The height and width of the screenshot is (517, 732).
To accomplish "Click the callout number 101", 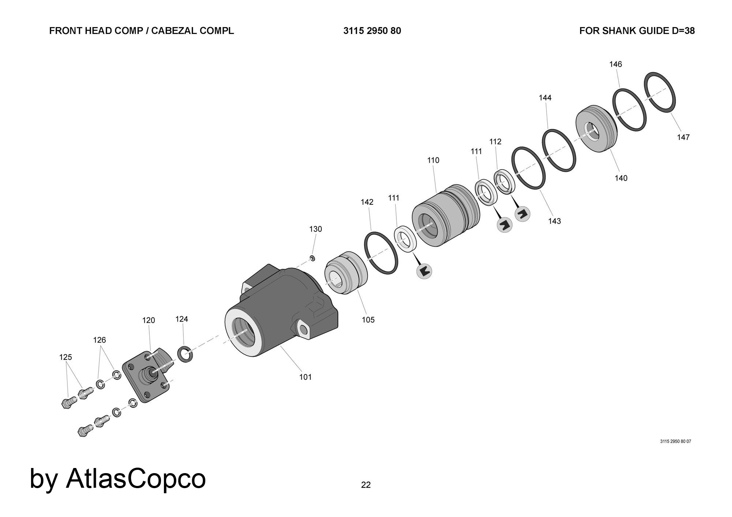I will click(x=305, y=377).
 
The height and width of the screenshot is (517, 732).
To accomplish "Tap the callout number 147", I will click(x=683, y=137).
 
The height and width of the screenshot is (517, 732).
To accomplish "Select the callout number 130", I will click(x=315, y=229).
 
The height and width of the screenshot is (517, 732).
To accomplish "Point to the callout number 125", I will click(x=66, y=357).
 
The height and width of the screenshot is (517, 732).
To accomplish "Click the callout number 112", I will click(x=495, y=141).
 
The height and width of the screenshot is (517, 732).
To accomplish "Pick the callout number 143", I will click(x=554, y=221).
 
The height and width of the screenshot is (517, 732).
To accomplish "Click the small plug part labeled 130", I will click(x=312, y=258).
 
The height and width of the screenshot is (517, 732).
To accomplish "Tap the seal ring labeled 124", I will click(x=185, y=354).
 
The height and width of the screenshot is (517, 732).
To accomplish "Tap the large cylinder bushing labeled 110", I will click(x=445, y=216).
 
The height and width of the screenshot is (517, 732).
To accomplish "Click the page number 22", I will click(x=366, y=485).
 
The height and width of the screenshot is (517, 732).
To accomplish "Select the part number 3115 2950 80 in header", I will click(x=372, y=31).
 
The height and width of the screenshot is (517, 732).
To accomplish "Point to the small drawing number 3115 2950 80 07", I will click(x=675, y=441).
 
